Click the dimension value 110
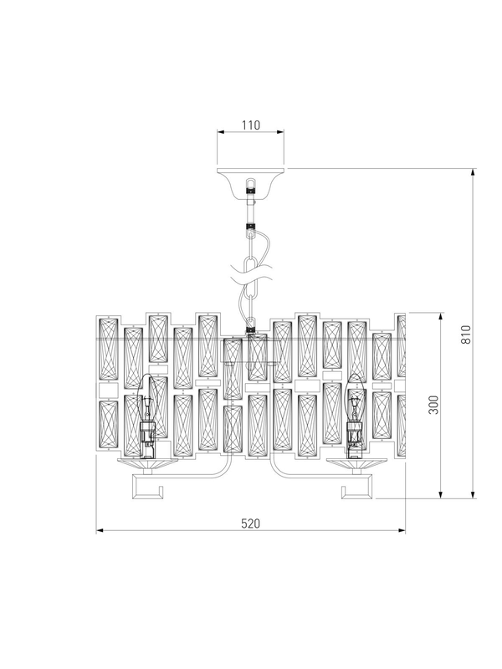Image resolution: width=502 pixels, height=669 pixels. point(250,125)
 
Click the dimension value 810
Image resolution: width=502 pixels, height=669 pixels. point(466,334)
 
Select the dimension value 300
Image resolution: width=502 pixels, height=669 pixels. point(433,405)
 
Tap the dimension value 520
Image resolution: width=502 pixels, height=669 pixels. point(250,523)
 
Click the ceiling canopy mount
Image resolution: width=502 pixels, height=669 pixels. point(250,181)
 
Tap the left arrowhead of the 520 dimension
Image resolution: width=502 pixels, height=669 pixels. point(100,531)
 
